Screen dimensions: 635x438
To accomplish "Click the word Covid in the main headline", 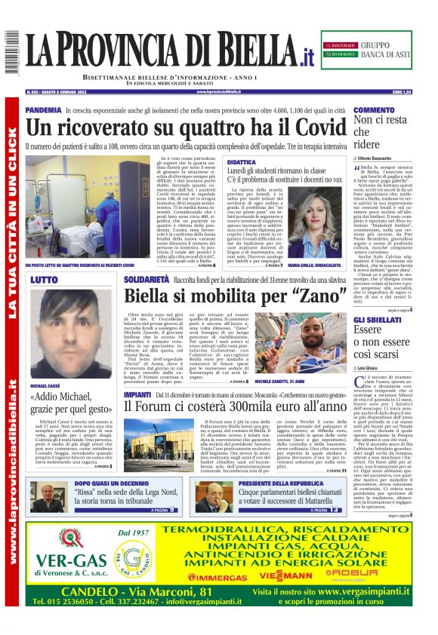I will point(317,127).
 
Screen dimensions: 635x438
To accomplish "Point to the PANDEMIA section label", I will point(44,110).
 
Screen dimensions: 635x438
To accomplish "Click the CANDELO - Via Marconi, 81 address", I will point(127,591).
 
